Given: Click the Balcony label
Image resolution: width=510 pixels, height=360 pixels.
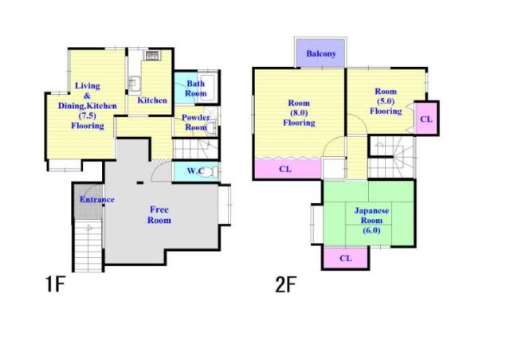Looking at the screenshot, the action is click(321, 53).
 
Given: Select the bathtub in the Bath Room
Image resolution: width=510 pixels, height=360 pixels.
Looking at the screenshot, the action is click(207, 88).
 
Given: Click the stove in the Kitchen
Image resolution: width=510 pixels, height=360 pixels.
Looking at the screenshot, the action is click(151, 55).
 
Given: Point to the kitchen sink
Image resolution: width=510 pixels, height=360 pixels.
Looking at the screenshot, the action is click(134, 84).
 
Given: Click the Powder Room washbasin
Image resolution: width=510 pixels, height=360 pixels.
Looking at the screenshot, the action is click(212, 127).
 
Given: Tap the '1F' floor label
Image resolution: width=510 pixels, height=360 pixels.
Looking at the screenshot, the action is click(55, 284).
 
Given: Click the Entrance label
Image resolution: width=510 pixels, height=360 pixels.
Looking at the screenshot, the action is click(97, 199).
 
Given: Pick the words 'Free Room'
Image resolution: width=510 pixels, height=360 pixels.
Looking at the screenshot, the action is click(159, 214).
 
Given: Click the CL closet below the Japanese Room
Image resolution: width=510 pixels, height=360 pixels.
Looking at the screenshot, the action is click(345, 258).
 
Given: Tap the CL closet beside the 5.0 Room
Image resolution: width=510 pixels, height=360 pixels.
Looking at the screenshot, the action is click(426, 119).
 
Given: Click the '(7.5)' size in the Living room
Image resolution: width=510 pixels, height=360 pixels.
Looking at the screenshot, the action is click(87, 115).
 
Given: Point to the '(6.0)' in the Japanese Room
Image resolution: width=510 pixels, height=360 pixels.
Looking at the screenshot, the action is click(371, 230).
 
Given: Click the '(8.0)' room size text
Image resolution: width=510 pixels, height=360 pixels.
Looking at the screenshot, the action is click(299, 113).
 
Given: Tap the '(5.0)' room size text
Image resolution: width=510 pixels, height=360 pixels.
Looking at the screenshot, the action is click(386, 101).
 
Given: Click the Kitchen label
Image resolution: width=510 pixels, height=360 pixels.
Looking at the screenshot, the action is click(152, 100).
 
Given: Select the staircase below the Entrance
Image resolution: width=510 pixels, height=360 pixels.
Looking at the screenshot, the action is click(88, 245).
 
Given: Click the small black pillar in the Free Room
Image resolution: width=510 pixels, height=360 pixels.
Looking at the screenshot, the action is click(140, 182).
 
